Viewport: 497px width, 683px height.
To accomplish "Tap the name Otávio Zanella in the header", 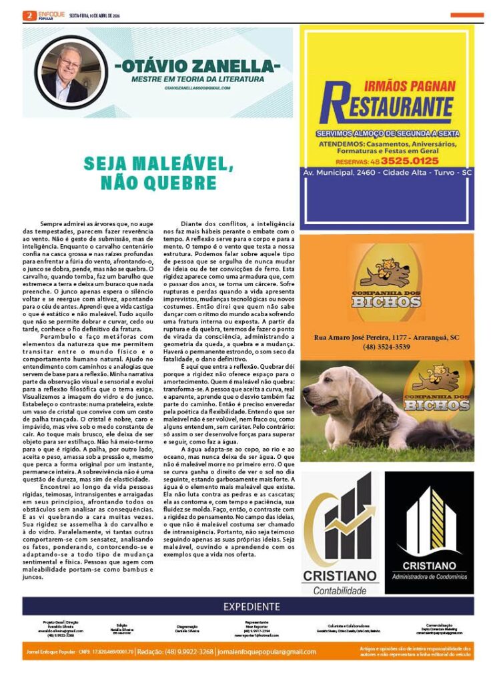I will point(197,67).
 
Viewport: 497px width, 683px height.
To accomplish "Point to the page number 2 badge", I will point(29,15).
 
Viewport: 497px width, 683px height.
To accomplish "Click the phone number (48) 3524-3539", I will point(387,347).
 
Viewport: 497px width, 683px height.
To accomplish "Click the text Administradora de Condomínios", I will point(429,576).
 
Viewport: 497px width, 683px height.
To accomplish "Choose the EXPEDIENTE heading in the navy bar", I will point(252,606).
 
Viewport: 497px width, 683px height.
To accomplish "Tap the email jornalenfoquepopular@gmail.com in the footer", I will point(267,652).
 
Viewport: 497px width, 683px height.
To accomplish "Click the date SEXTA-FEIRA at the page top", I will point(82,15).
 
